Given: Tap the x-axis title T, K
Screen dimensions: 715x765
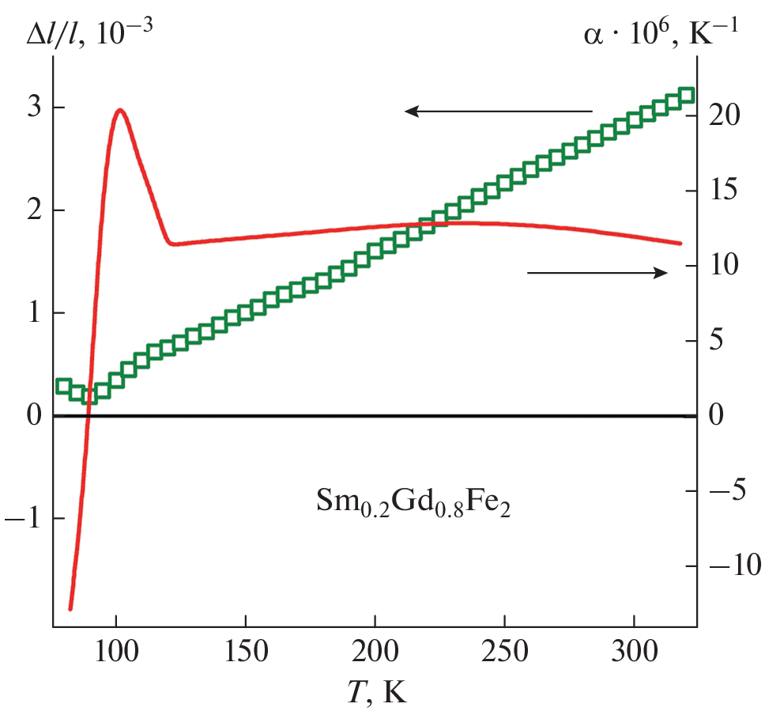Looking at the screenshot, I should pos(376,692).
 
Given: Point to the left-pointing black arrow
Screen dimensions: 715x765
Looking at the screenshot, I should pos(498,112).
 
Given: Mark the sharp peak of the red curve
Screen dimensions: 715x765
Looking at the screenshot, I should pos(120,110).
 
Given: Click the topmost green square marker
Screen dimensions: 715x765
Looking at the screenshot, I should pos(687,95).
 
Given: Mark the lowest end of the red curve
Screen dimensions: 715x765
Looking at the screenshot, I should pos(70,608).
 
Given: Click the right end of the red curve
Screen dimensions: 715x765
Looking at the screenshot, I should pos(680,243).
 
